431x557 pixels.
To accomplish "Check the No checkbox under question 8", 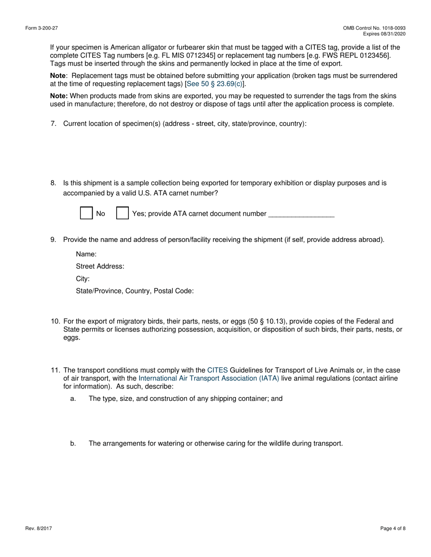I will point(86,213).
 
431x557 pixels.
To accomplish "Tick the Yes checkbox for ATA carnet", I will point(122,213).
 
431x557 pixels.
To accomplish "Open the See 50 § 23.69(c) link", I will point(215,84).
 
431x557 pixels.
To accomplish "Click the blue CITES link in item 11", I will point(217,370).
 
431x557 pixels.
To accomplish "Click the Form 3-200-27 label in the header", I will point(42,28).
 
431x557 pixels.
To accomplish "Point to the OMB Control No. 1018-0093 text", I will point(374,28).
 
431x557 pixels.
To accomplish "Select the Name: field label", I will point(86,254).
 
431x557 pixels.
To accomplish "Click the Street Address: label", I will point(100,266).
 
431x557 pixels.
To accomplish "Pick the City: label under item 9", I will point(83,278).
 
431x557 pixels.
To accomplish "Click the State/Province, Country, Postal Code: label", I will point(135,291).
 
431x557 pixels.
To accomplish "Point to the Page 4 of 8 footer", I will point(393,528).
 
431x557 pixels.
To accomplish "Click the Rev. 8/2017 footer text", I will point(39,528).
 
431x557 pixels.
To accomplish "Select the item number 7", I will point(53,124).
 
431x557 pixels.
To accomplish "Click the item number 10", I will point(55,321).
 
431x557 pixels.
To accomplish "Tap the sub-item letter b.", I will point(73,443).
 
